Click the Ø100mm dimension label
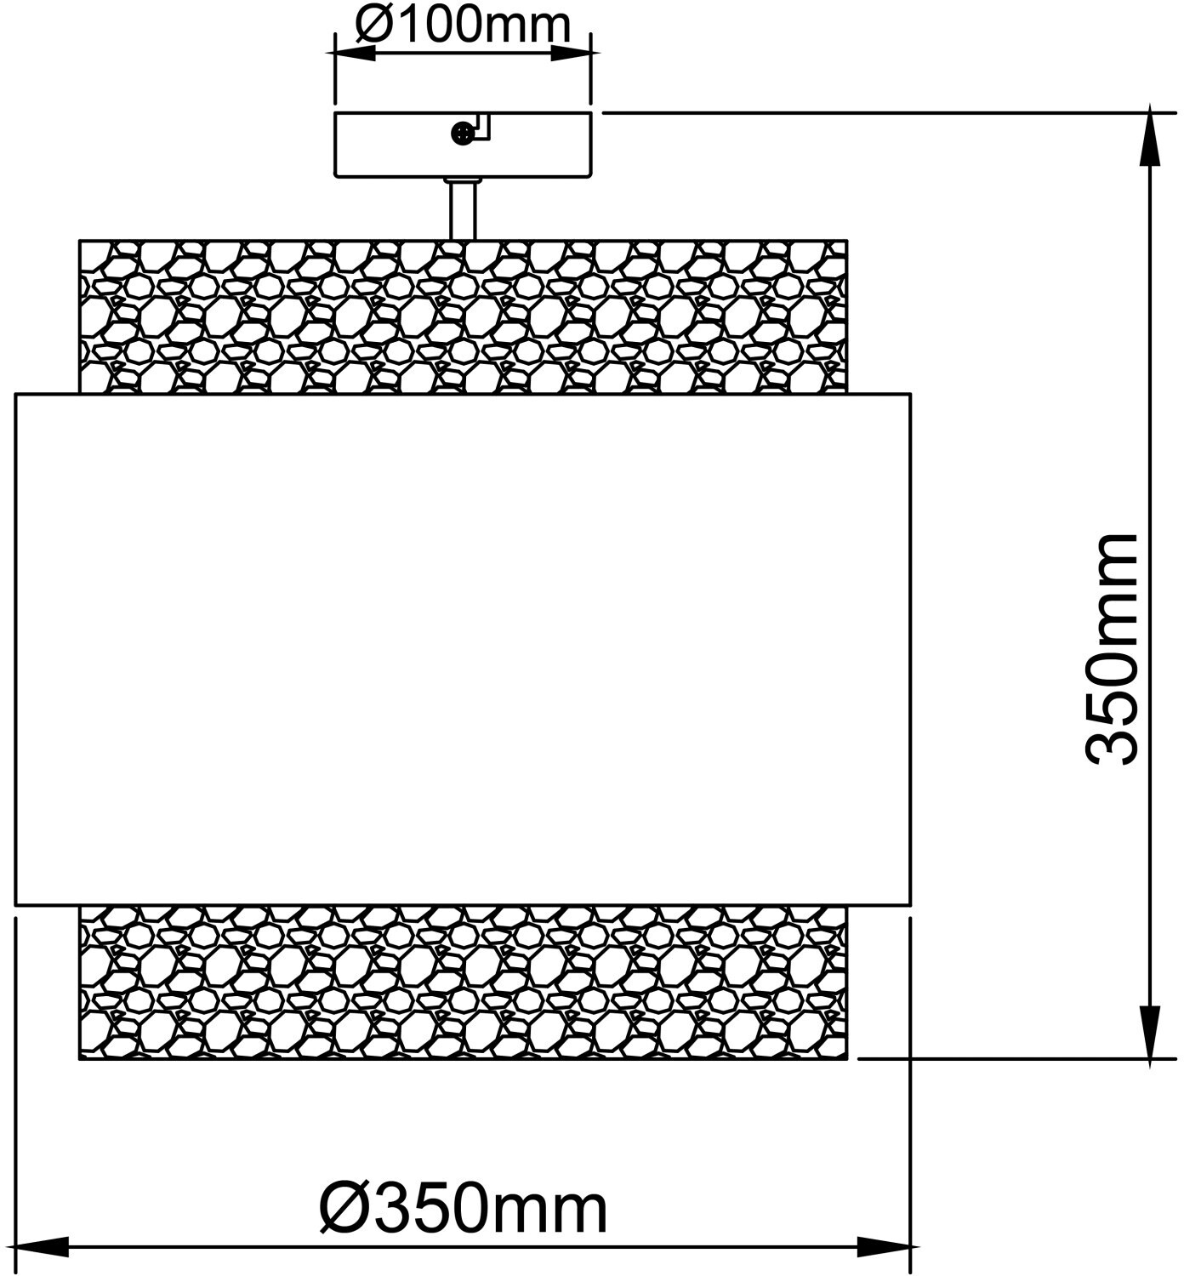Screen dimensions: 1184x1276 click(x=462, y=26)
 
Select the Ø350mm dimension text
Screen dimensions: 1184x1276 click(x=464, y=1208)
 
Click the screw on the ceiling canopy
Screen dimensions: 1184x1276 click(x=461, y=133)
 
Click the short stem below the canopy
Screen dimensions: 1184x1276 click(x=463, y=209)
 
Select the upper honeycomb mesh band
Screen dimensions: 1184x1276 click(x=463, y=316)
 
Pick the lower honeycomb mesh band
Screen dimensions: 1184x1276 click(x=463, y=983)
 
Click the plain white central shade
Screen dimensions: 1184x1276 click(x=463, y=648)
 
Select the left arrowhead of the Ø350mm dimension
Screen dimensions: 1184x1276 click(x=43, y=1247)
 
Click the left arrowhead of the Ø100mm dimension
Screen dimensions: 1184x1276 click(x=354, y=52)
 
